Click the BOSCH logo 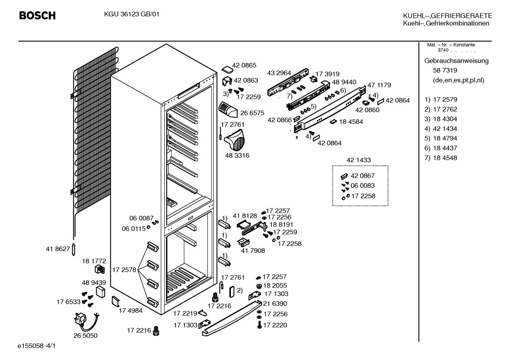coord(37,16)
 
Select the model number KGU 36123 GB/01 coord(132,14)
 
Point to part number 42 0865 coord(244,65)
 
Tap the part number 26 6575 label coord(252,113)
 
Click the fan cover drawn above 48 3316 coord(235,140)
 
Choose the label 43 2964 coord(279,73)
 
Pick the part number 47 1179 coord(379,85)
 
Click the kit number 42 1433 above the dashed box coord(359,160)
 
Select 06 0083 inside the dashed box coord(363,185)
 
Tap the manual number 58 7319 coord(445,70)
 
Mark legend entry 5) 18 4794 coord(441,138)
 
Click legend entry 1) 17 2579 coord(441,100)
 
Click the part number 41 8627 coord(58,249)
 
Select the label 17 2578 coord(124,270)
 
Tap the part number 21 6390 coord(275,303)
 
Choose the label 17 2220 coord(275,325)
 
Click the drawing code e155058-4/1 coord(37,346)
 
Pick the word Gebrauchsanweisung coord(456,61)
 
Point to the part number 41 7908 coord(253,251)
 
